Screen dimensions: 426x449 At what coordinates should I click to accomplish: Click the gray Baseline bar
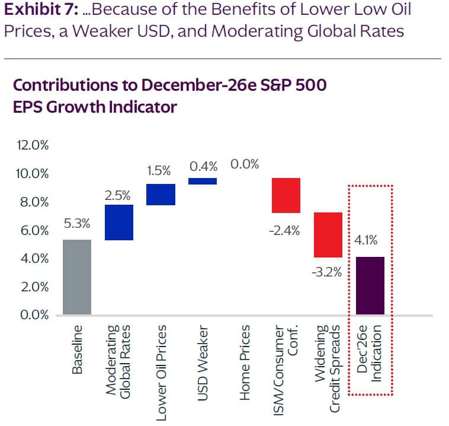click(x=76, y=276)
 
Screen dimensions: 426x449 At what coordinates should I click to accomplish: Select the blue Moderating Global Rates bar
click(x=119, y=222)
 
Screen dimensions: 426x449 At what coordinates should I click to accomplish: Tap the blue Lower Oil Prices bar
click(x=161, y=194)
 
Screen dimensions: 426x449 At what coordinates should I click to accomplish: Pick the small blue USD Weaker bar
click(x=203, y=181)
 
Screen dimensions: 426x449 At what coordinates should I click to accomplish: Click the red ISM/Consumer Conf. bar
click(x=286, y=195)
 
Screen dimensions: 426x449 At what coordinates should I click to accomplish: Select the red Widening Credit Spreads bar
click(x=328, y=234)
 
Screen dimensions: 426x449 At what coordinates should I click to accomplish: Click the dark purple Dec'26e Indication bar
click(x=370, y=285)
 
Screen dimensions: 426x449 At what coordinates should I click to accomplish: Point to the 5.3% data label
click(x=76, y=224)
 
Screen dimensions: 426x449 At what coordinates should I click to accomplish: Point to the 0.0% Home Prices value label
click(x=245, y=164)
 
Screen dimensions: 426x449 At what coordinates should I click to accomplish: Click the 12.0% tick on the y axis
click(x=28, y=145)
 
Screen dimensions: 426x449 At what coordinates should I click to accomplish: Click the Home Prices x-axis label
click(x=245, y=354)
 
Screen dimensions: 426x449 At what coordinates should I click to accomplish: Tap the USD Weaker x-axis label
click(x=203, y=354)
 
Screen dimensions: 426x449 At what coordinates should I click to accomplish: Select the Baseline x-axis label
click(x=76, y=349)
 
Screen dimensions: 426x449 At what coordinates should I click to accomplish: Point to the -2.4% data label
click(x=286, y=231)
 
